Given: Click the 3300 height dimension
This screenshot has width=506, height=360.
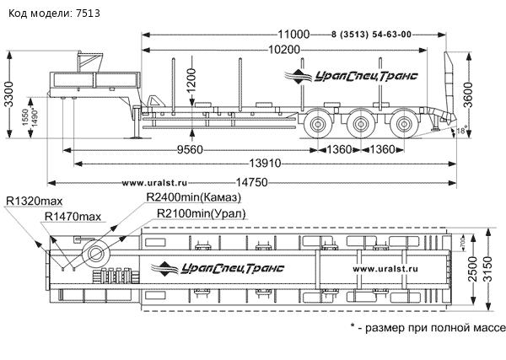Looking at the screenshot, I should (9, 104).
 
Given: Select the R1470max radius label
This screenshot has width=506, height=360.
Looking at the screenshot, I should (73, 217).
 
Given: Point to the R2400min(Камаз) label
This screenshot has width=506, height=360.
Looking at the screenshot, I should (193, 196).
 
